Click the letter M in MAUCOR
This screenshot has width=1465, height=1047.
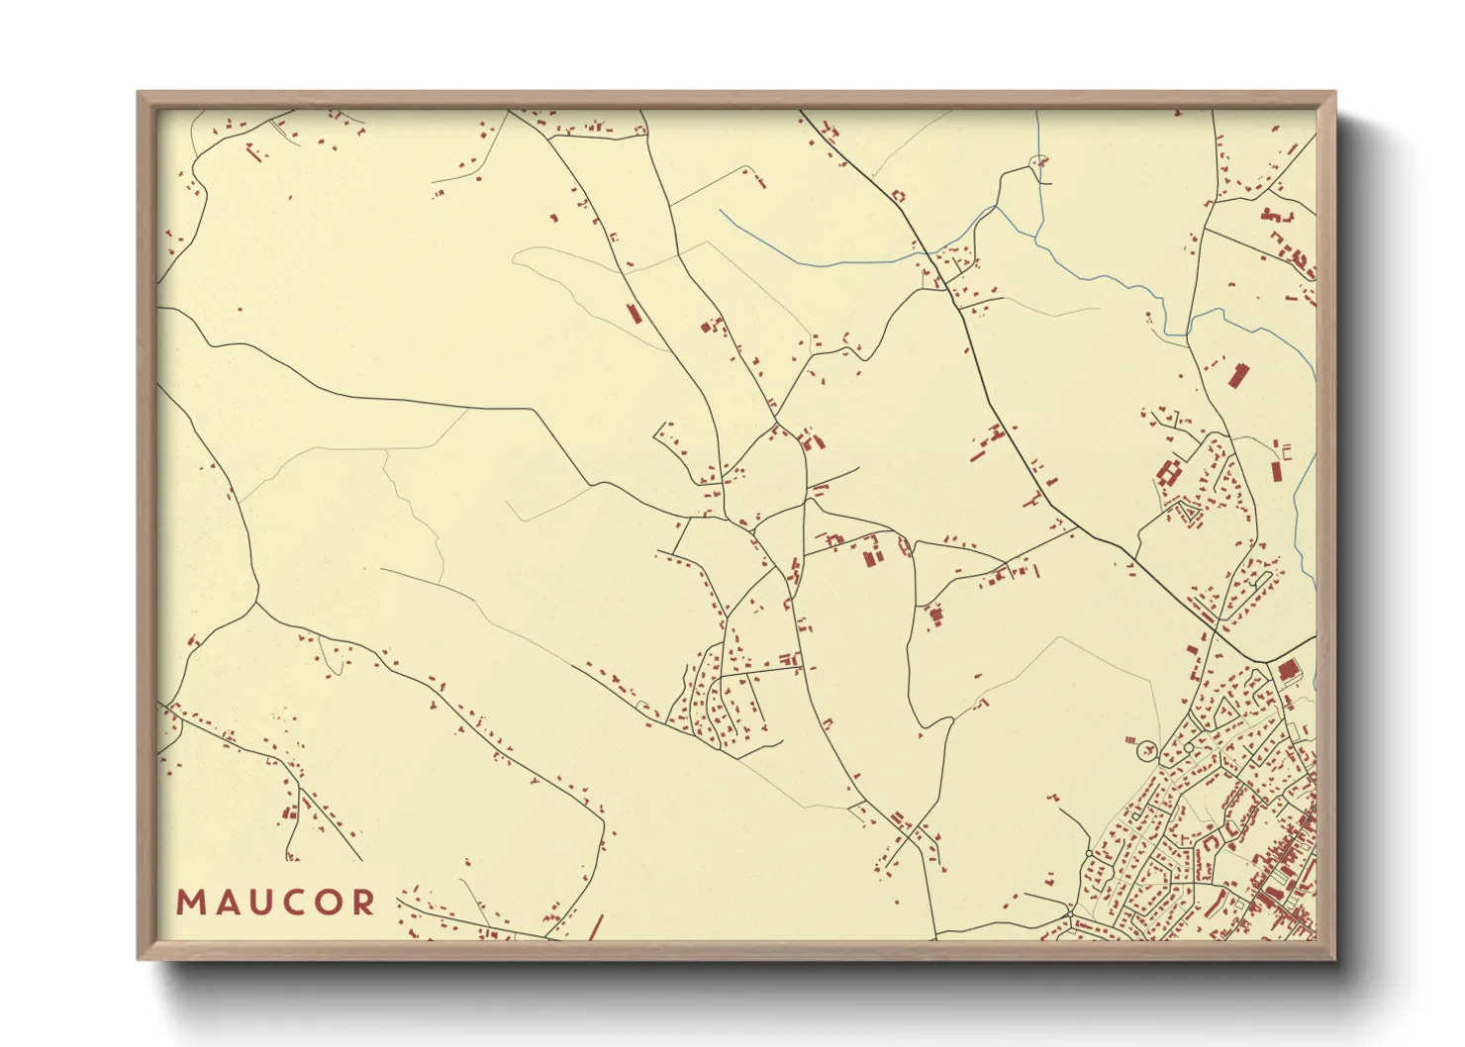189,903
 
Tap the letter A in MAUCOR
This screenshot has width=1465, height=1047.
223,903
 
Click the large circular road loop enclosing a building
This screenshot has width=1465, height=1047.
1147,749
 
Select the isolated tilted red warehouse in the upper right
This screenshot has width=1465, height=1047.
1237,376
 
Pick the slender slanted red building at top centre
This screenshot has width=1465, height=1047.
634,314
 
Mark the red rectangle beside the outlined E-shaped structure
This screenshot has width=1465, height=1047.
1276,469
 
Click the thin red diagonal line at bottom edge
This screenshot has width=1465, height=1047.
595,928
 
